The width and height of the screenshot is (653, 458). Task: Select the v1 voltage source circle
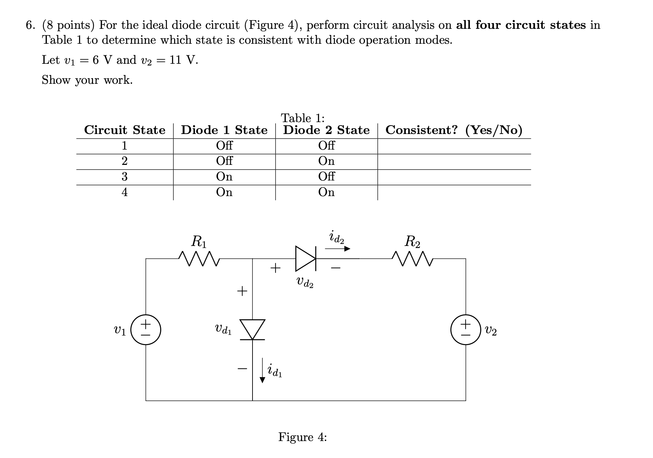click(x=146, y=329)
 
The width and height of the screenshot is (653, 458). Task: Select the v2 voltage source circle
click(x=466, y=329)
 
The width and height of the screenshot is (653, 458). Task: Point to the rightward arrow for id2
click(x=337, y=249)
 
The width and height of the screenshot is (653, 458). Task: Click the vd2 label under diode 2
click(x=304, y=282)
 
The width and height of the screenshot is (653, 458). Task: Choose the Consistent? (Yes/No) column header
click(x=454, y=130)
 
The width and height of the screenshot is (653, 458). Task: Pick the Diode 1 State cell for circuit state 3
click(x=224, y=176)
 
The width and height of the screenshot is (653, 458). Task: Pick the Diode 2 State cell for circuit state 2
click(x=326, y=161)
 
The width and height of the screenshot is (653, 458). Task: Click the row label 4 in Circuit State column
click(x=125, y=192)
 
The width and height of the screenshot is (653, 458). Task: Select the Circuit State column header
click(x=125, y=130)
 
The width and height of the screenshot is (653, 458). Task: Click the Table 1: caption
click(x=303, y=118)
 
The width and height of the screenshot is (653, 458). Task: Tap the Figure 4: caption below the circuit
click(x=302, y=437)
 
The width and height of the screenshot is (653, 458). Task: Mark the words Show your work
click(x=87, y=80)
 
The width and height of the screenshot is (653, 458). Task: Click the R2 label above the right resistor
click(x=412, y=242)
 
